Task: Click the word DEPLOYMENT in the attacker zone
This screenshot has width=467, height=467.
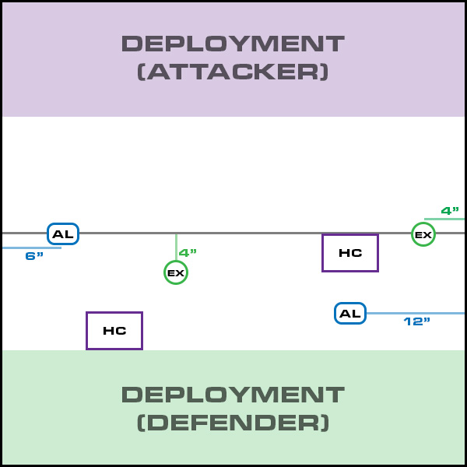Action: tap(233, 44)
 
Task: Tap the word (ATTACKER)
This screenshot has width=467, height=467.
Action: tap(233, 72)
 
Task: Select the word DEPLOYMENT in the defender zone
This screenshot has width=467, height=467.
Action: tap(233, 394)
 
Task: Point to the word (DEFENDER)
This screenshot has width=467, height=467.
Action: tap(233, 423)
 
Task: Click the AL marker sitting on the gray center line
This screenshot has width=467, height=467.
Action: tap(63, 234)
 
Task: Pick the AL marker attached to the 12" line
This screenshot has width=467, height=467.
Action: tap(350, 314)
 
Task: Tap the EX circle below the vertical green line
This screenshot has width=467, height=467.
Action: tap(176, 272)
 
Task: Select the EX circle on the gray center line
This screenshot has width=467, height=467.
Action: tap(423, 234)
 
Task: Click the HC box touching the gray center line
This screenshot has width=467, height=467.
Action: tap(350, 253)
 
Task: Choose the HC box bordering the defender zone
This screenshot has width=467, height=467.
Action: tap(114, 331)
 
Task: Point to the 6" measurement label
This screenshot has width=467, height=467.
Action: tap(34, 256)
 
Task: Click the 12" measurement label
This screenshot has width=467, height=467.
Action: tap(417, 321)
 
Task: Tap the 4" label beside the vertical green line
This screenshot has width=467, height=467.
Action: tap(188, 252)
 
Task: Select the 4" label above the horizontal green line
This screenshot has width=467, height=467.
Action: tap(450, 210)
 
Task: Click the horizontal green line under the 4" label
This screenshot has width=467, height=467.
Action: tap(445, 219)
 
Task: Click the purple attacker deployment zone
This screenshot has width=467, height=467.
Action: tap(62, 58)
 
